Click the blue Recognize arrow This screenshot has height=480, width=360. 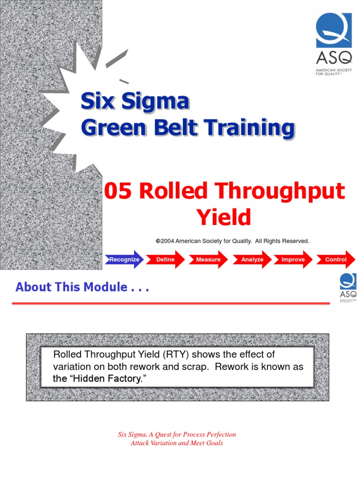(124, 259)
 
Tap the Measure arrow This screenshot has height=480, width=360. (208, 259)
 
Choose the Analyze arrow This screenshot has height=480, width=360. (252, 259)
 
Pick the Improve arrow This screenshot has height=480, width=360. (293, 259)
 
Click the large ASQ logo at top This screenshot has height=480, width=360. (333, 44)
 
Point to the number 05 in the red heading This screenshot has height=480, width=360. (119, 192)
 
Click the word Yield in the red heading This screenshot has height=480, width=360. (224, 217)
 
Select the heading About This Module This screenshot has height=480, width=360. (82, 287)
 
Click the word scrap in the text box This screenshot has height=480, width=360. (195, 367)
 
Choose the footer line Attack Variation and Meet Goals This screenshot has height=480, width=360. (177, 443)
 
